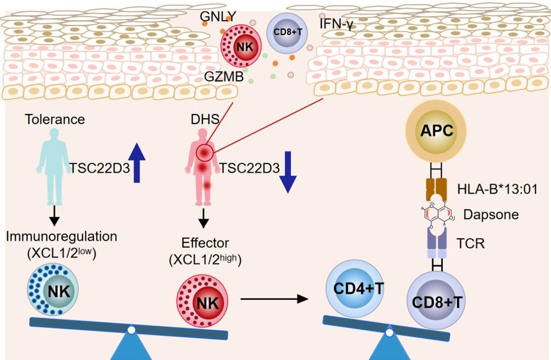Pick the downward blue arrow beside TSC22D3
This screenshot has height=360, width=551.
(288, 172)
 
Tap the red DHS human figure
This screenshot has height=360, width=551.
(203, 166)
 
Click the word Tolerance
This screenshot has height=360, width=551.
(55, 119)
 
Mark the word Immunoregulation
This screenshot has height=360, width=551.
(62, 236)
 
